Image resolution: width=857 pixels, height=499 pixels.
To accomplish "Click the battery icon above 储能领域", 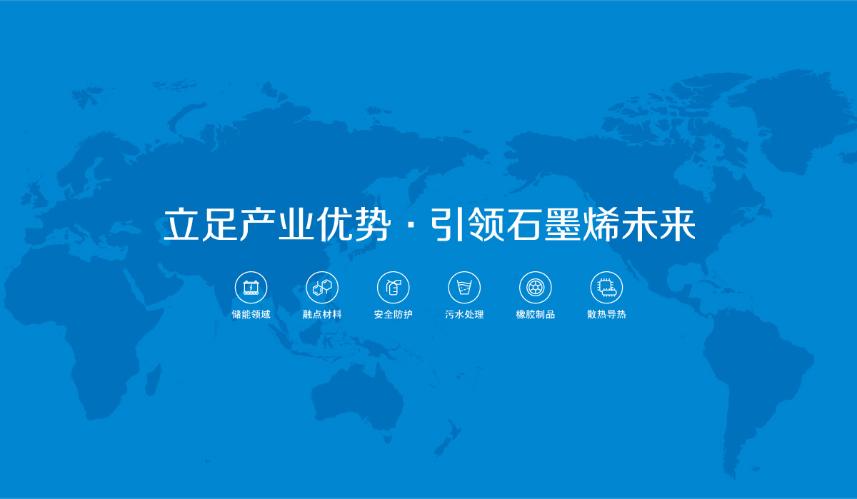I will tap(251, 288).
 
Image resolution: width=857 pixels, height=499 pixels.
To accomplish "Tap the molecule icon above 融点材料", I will tap(322, 288).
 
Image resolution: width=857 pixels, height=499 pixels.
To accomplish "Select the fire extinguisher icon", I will tap(393, 288).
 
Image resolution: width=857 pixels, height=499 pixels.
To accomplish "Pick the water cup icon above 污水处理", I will tap(464, 288).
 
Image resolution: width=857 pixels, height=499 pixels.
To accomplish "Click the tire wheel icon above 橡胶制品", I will tap(535, 288).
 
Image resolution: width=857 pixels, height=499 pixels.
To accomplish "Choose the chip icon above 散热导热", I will tap(606, 288).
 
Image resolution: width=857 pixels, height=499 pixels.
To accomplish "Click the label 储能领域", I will tap(251, 314).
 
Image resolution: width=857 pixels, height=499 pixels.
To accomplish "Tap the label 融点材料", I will tap(322, 314).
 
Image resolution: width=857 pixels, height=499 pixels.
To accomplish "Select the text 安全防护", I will tap(393, 314).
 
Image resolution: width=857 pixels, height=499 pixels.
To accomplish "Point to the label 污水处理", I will tap(464, 314).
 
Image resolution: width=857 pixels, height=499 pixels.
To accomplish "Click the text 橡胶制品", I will tap(535, 314).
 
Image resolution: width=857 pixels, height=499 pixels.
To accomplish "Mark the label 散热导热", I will tap(606, 314).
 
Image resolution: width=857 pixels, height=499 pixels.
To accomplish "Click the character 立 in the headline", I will tap(181, 224).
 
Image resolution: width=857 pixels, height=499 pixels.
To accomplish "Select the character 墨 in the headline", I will tap(564, 224).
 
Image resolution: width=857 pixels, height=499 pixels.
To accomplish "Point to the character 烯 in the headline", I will tap(602, 224).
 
